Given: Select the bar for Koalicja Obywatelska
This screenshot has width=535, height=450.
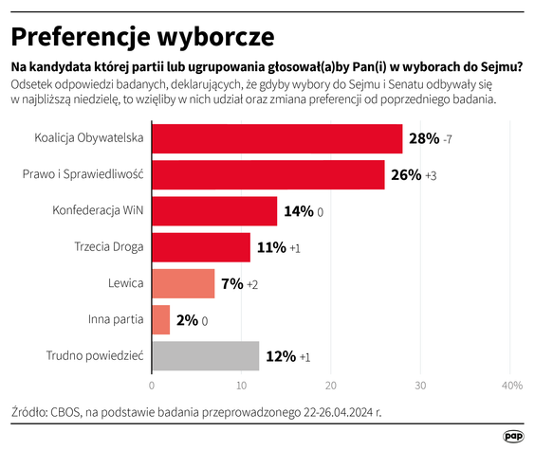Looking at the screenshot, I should pos(276,139).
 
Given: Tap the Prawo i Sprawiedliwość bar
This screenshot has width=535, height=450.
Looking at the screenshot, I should pos(267,175).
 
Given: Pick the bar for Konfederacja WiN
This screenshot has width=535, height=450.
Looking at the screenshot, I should pos(213,211).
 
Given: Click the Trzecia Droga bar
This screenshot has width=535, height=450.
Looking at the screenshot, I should pos(200,247).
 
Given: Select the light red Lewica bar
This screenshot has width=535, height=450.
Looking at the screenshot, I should pos(182,283).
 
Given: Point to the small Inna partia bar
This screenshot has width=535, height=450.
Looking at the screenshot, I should pos(160,319).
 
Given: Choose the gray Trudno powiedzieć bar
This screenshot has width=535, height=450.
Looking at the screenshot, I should pos(205,355).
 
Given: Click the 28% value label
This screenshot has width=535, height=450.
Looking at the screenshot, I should pos(423,139).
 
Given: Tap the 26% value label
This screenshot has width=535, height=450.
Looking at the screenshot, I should pos(405,175).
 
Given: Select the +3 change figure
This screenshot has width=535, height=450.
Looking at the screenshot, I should pos(432,176).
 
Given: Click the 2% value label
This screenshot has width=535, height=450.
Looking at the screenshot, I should pos(186,320).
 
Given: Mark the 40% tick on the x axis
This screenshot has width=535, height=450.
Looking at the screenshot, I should pos(511,386).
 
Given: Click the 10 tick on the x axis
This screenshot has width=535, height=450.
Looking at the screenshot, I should pos(241,386).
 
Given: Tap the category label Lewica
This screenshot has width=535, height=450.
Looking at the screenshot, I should pos(126,283).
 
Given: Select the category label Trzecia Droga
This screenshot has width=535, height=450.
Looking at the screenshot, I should pos(108,247).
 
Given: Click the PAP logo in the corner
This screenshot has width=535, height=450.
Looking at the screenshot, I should pos(513,436).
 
